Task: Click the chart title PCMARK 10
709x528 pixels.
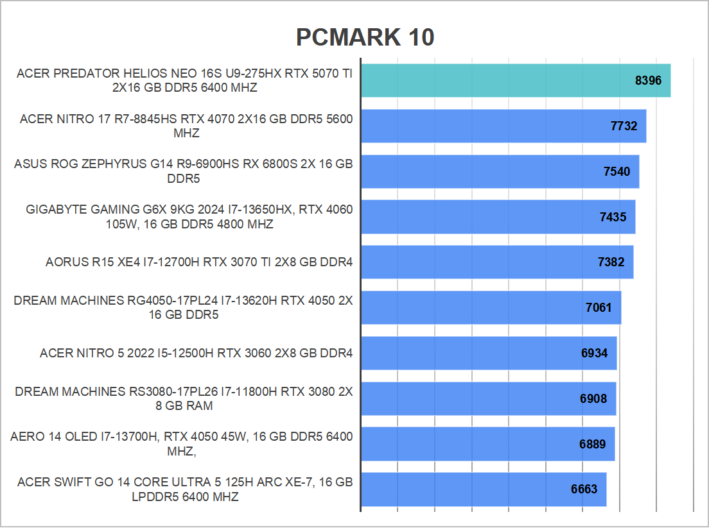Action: point(365,38)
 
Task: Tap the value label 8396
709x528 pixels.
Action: point(647,81)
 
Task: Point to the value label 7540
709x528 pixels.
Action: point(617,171)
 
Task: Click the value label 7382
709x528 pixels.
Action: point(611,262)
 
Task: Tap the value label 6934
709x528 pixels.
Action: point(594,353)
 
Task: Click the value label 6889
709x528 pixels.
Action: point(592,444)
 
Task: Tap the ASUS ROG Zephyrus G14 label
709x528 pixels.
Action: point(183,171)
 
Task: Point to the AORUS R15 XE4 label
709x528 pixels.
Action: point(199,262)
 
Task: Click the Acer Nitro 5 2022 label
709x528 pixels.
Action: point(196,353)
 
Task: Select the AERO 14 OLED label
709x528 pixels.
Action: point(182,444)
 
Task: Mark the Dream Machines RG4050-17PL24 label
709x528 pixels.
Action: point(183,308)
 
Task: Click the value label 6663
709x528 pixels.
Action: point(584,490)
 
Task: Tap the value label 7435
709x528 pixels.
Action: point(613,217)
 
